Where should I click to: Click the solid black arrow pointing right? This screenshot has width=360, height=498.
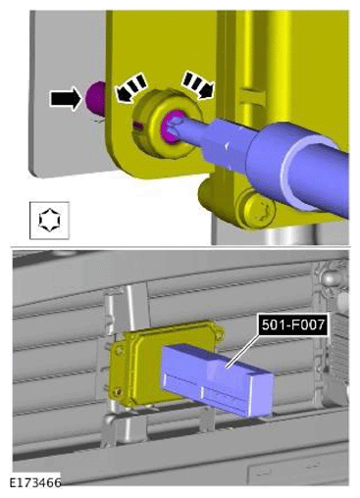point(66,98)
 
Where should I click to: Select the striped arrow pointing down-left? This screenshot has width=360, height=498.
point(129,86)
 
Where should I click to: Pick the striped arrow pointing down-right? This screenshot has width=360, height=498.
point(199,85)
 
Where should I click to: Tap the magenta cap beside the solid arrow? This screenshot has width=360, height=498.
point(95,98)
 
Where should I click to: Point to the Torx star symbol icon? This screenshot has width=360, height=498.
point(49,221)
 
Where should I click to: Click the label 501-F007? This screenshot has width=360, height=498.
point(293,324)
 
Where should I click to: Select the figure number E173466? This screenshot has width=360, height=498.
point(35,483)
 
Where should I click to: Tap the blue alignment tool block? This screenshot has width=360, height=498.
point(217,380)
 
